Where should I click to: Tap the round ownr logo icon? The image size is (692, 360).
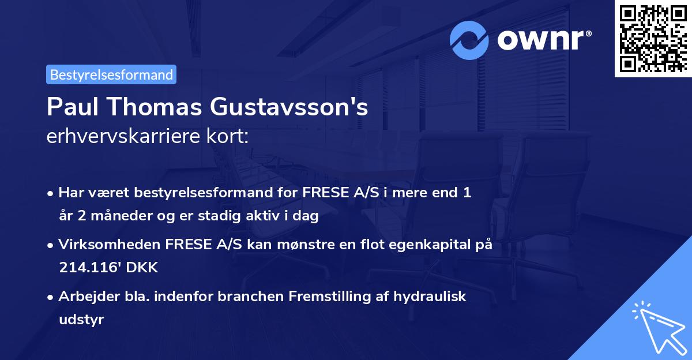[469, 40]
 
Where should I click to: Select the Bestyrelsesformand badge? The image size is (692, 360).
[111, 74]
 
